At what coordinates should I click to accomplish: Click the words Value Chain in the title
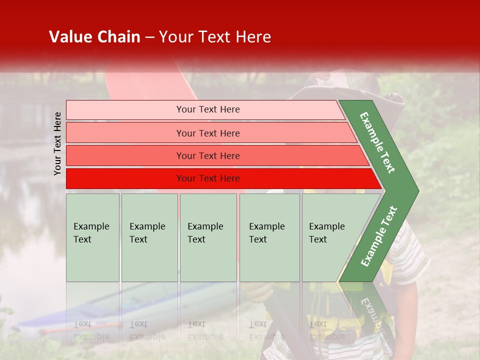click(94, 37)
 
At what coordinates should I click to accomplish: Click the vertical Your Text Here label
click(58, 143)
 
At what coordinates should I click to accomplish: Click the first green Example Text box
click(92, 237)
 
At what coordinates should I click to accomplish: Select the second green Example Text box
click(149, 237)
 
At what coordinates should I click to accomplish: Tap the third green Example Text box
click(208, 237)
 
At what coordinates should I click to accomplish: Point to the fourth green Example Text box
click(269, 237)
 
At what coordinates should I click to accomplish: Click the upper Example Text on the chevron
click(377, 142)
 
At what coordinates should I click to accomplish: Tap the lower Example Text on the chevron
click(379, 236)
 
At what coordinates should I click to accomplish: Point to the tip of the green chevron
click(417, 191)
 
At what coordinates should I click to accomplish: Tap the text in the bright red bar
click(208, 178)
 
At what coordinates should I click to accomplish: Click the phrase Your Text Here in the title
click(215, 37)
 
